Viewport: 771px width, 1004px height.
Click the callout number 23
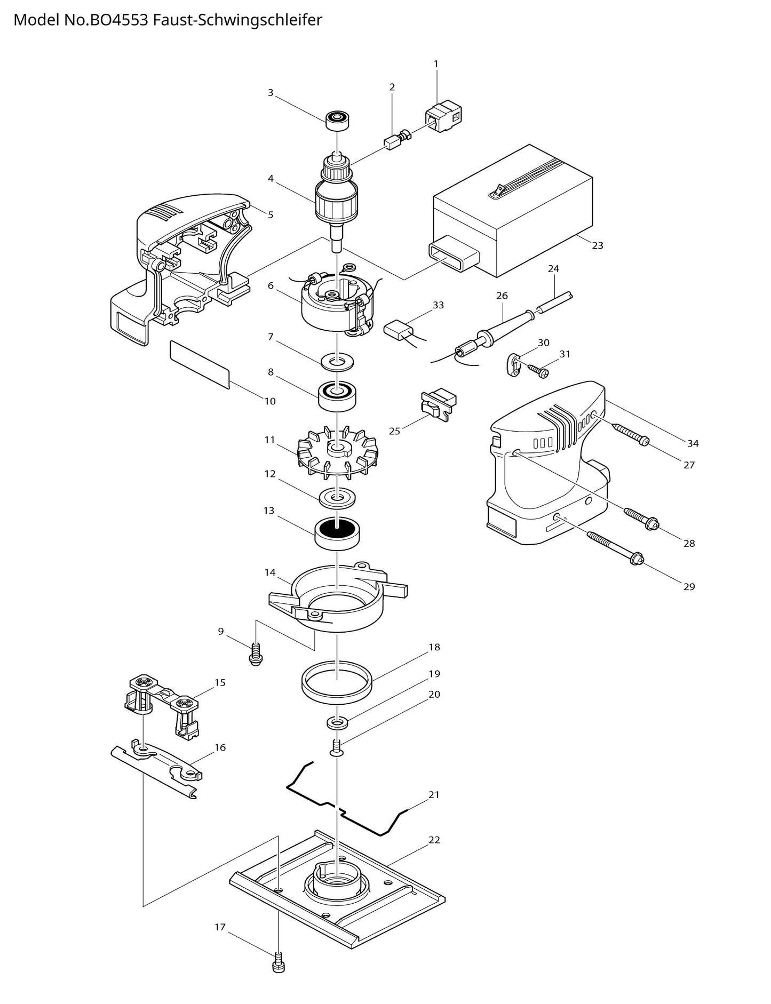(x=597, y=245)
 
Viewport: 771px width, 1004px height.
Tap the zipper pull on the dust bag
(x=498, y=189)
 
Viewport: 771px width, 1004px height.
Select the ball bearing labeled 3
(x=337, y=120)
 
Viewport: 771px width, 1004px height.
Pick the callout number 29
(x=689, y=587)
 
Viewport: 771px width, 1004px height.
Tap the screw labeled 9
(x=256, y=655)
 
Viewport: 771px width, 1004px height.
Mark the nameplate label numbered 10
(x=200, y=365)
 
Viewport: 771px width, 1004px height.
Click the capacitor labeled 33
(x=399, y=329)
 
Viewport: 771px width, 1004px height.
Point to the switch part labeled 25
(x=438, y=405)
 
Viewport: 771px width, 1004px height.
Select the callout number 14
(x=270, y=572)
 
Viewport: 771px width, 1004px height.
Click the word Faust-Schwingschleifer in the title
(x=237, y=20)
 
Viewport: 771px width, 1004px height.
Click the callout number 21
(x=434, y=795)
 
